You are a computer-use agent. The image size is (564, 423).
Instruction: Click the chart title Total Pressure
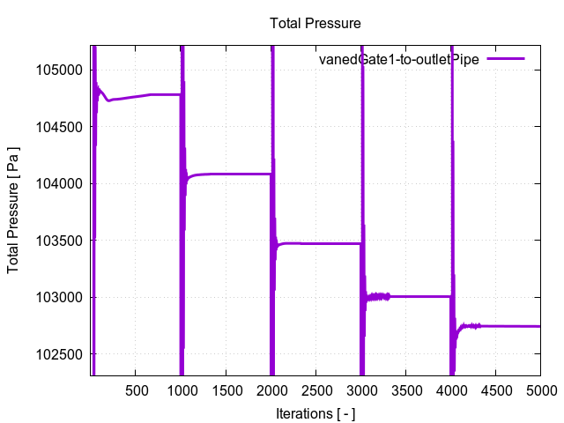click(x=315, y=23)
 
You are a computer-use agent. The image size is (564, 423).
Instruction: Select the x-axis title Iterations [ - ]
click(x=315, y=412)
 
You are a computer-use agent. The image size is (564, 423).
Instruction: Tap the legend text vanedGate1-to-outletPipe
click(x=398, y=59)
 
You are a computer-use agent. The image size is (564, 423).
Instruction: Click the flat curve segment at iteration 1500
click(x=226, y=174)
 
